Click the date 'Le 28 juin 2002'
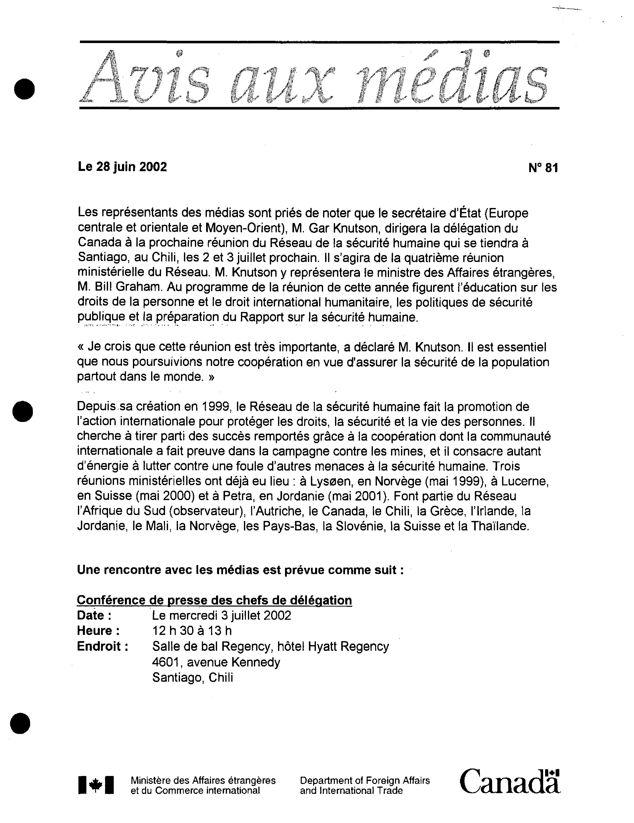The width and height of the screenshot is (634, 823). [x=122, y=166]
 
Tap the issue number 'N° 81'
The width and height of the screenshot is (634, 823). [x=543, y=168]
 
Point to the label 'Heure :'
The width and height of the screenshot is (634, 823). [x=98, y=630]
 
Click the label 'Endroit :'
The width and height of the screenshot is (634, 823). [x=103, y=646]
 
